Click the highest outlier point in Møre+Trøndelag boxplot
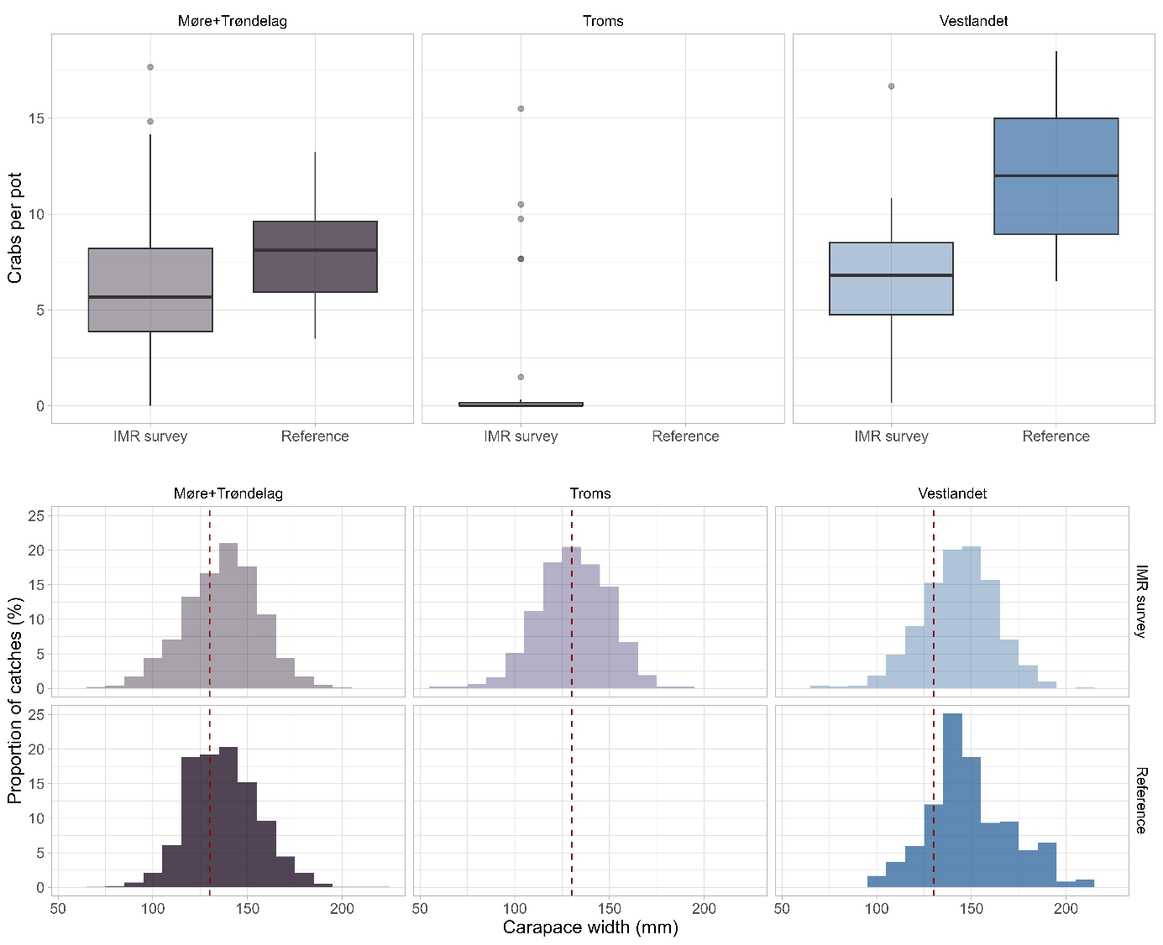click(150, 67)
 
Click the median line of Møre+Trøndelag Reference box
click(315, 250)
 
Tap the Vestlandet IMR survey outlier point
click(891, 86)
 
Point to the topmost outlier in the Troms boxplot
click(521, 108)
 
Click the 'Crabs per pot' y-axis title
click(15, 227)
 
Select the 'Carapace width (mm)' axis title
click(590, 927)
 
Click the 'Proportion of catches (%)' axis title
click(15, 700)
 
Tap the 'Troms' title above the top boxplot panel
click(603, 21)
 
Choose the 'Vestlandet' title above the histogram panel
click(952, 493)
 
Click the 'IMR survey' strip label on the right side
click(1141, 601)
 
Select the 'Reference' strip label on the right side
click(1141, 800)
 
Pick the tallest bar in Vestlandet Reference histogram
click(952, 797)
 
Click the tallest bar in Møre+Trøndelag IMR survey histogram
click(228, 617)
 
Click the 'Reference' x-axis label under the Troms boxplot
click(685, 436)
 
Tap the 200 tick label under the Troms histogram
click(704, 908)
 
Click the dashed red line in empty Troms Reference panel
click(572, 797)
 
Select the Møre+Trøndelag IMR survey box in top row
click(150, 290)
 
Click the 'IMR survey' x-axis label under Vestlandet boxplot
click(891, 436)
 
